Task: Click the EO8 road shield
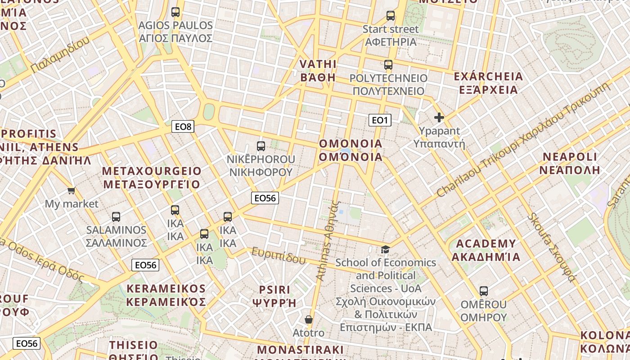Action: point(183,126)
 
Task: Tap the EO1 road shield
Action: point(380,120)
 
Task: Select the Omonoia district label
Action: point(351,150)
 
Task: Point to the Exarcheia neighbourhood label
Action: point(488,83)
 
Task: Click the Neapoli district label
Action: point(570,163)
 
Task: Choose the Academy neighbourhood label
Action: point(486,250)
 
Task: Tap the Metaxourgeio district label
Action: point(152,178)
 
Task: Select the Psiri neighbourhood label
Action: point(274,296)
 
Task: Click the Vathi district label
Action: point(318,70)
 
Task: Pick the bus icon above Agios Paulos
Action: point(175,12)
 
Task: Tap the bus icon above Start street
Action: point(391,16)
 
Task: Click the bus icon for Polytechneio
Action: point(388,65)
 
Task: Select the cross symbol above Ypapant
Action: point(439,118)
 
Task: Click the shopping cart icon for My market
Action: point(71,191)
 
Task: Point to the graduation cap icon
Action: point(385,249)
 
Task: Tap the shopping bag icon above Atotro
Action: point(309,319)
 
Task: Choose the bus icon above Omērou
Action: point(484,291)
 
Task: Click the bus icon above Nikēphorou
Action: point(261,146)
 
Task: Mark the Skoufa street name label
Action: point(552,247)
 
